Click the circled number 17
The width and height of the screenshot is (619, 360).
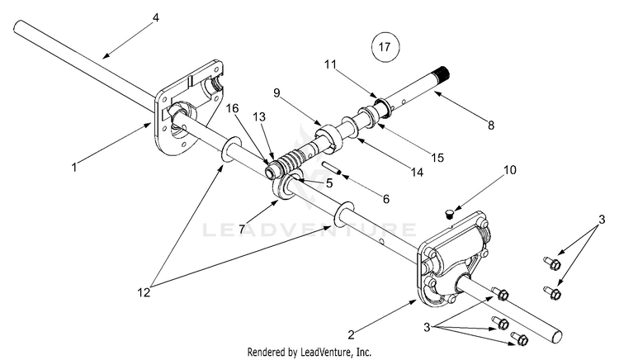[382, 47]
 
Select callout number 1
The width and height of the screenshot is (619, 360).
[74, 168]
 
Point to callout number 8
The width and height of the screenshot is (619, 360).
[490, 126]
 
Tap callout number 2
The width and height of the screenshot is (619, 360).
[352, 335]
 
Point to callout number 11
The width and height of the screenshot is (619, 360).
[332, 64]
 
